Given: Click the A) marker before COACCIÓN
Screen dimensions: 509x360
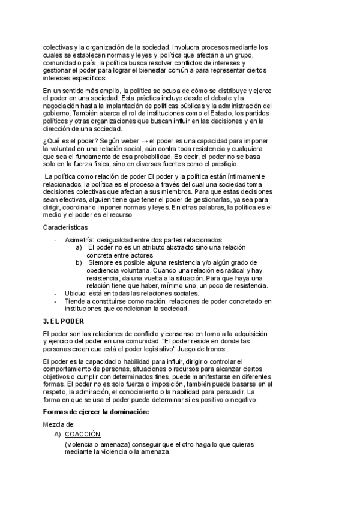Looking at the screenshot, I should pyautogui.click(x=58, y=434).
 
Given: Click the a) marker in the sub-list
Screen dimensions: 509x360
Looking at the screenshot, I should pyautogui.click(x=79, y=247).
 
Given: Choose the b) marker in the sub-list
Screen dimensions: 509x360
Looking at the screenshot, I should pyautogui.click(x=79, y=263).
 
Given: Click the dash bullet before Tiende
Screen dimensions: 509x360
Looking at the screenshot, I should pyautogui.click(x=56, y=301).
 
